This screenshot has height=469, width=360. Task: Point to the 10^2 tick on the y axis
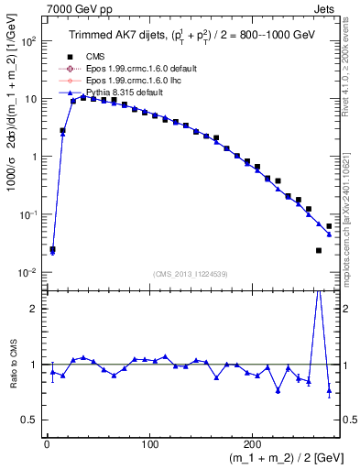pyautogui.click(x=27, y=41)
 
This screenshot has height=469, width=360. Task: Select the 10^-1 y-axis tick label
pyautogui.click(x=27, y=214)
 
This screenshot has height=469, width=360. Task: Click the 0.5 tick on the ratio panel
pyautogui.click(x=30, y=420)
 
